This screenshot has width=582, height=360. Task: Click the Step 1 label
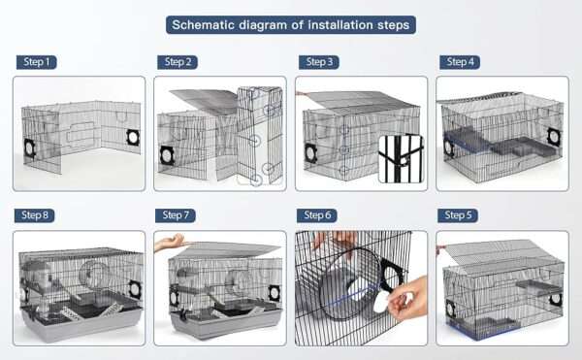coord(37,62)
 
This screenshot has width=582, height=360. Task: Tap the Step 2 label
coord(178,62)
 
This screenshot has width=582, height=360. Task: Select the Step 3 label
coord(319,62)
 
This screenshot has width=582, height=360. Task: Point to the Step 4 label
coord(460,62)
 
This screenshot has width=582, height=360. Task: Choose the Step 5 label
coord(458,215)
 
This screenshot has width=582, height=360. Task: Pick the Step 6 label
coord(317,215)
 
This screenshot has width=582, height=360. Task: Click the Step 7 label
coord(176,215)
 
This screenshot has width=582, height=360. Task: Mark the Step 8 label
coord(35,215)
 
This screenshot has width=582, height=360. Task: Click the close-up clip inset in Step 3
coord(401,159)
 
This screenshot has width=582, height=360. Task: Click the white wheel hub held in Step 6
coord(381,302)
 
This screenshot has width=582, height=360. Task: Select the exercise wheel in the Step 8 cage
coord(92,276)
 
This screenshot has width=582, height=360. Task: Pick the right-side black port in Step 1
coord(133,138)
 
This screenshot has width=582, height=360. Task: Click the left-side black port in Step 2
coord(168,155)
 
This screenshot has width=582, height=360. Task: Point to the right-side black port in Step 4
coord(554,137)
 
